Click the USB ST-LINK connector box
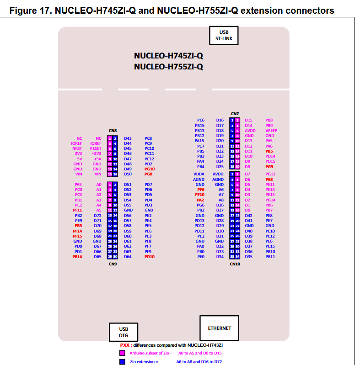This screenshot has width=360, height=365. point(224,35)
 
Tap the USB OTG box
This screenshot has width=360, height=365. point(124,332)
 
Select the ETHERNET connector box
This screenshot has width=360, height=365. point(220,328)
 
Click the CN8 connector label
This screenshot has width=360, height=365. point(112,131)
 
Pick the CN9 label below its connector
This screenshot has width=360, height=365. point(112,264)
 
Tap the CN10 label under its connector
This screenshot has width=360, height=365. point(234,264)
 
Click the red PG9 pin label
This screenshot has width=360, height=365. point(269,167)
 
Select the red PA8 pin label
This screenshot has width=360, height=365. point(269,180)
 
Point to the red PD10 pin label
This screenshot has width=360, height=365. point(149,257)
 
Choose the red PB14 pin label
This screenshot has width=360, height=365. point(77,257)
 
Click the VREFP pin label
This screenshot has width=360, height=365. point(272,131)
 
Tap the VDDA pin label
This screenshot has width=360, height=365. point(199,174)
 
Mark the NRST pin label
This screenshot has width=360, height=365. point(77,148)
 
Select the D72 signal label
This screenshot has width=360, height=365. point(97,215)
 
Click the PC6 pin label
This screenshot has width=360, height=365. point(200,120)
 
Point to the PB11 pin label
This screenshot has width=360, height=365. point(270,257)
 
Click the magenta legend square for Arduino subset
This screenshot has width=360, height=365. point(122,353)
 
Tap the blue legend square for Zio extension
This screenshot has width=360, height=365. point(122,361)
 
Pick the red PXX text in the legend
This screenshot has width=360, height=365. point(126,345)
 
